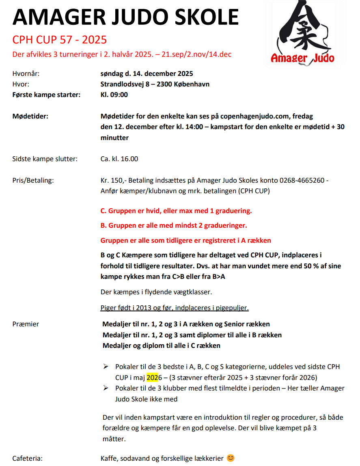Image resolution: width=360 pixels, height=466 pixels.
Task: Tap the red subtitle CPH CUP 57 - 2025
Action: coord(59,40)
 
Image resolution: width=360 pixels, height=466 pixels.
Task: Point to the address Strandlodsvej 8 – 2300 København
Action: coord(155,84)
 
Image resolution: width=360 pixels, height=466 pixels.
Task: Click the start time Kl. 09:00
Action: coord(114,95)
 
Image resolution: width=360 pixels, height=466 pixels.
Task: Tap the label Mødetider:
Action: coord(30,116)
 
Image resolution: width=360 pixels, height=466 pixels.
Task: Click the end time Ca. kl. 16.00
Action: coord(119,159)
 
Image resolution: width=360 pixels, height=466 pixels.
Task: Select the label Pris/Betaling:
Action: coord(33,180)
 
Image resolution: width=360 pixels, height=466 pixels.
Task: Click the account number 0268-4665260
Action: coord(300,180)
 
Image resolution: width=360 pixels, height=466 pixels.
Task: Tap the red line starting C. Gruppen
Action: coord(176,211)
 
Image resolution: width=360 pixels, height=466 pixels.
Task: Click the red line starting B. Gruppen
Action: coord(174,225)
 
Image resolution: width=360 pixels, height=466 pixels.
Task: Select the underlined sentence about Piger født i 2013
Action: coord(175,307)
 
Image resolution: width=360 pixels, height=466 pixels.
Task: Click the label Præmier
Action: coord(26,324)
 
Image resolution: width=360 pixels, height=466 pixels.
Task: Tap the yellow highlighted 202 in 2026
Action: coord(152,378)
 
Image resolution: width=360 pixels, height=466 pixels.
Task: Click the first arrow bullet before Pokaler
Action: coord(106,366)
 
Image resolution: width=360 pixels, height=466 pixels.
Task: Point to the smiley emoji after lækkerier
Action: coord(231,458)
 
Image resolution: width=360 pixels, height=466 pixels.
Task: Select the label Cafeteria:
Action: coord(28,458)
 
